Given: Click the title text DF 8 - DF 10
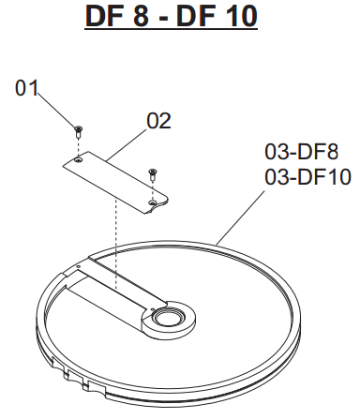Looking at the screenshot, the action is tap(172, 16).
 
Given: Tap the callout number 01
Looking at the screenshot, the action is tap(26, 88).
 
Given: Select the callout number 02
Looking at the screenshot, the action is tap(159, 121).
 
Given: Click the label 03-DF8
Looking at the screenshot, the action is tap(302, 152).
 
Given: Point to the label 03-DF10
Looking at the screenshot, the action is tap(307, 177).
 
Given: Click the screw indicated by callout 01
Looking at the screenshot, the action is tap(78, 131).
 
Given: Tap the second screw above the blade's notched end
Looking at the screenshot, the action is tap(153, 174).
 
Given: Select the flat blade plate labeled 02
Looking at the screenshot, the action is tap(115, 183).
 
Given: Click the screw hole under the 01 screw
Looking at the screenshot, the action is tap(78, 160).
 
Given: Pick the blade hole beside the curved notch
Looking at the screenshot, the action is tap(152, 203).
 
